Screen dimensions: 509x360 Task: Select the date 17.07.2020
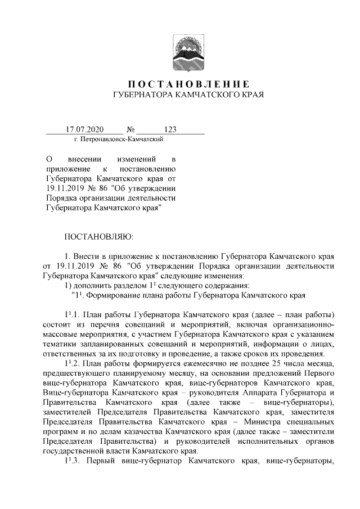click(x=82, y=130)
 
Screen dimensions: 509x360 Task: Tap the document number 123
click(x=170, y=130)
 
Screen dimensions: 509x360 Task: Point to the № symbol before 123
click(x=131, y=130)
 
